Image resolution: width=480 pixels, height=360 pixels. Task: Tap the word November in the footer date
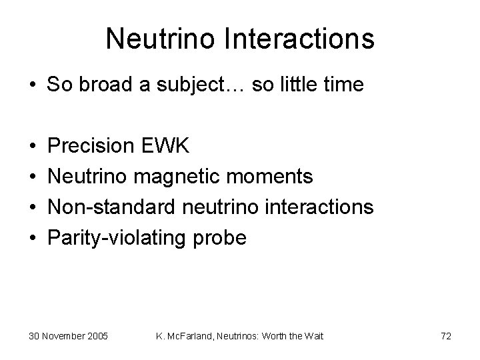point(63,336)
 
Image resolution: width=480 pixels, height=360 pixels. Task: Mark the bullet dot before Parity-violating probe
point(33,238)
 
